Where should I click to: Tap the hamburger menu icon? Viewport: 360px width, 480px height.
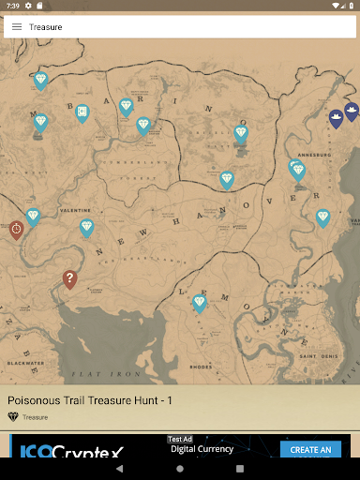(17, 27)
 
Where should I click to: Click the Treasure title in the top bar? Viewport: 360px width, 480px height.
(46, 27)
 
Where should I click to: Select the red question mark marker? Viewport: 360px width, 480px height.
(69, 278)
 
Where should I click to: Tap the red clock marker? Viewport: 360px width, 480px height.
(16, 229)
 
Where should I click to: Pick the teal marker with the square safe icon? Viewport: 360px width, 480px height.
(82, 113)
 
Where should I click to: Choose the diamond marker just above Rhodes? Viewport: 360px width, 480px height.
(199, 302)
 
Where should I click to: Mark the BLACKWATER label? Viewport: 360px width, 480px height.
(25, 362)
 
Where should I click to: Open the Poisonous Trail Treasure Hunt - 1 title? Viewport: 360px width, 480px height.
(90, 400)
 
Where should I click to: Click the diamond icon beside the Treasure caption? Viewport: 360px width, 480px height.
(13, 417)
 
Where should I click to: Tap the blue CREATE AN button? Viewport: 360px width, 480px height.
(310, 450)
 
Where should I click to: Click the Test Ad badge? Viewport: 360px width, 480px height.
(180, 439)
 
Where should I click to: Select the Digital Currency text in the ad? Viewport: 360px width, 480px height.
(202, 450)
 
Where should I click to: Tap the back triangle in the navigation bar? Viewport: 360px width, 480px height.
(120, 468)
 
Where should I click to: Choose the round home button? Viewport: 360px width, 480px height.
(180, 468)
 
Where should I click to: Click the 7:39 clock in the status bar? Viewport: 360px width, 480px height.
(12, 6)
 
